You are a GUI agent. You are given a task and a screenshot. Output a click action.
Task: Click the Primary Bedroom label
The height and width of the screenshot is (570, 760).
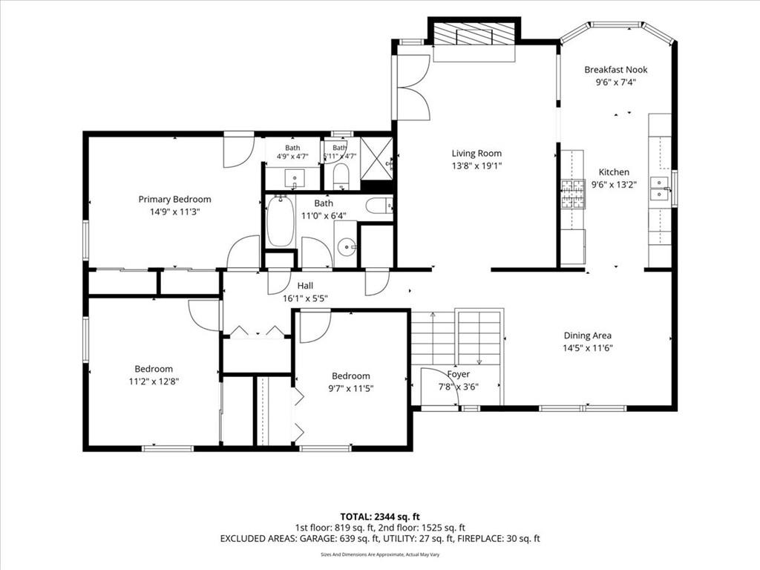pyautogui.click(x=174, y=199)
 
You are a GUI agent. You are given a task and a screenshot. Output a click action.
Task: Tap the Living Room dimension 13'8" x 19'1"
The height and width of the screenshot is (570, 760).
pyautogui.click(x=476, y=166)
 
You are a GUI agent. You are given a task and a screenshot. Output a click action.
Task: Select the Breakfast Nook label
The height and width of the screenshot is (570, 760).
pyautogui.click(x=615, y=70)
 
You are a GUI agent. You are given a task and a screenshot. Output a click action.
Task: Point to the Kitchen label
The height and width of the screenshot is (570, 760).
pyautogui.click(x=614, y=172)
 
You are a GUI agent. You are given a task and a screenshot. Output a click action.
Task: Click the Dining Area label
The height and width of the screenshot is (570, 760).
pyautogui.click(x=588, y=335)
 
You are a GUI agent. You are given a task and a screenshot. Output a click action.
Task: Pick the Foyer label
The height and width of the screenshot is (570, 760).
pyautogui.click(x=459, y=374)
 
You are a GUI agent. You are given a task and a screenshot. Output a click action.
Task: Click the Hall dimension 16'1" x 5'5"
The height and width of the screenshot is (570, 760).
pyautogui.click(x=305, y=298)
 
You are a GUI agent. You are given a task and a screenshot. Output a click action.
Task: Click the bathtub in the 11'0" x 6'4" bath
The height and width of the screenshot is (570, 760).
pyautogui.click(x=281, y=221)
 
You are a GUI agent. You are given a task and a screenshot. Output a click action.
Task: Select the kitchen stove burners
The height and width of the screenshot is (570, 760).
pyautogui.click(x=574, y=194)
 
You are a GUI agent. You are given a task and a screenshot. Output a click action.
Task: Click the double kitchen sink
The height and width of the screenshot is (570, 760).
pyautogui.click(x=659, y=189)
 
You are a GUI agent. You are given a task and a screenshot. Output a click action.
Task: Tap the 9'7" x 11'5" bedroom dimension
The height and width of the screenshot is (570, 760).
pyautogui.click(x=351, y=388)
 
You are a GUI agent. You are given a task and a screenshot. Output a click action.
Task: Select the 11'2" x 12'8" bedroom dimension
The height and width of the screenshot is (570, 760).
pyautogui.click(x=154, y=381)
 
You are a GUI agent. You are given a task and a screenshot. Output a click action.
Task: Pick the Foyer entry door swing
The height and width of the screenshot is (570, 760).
pyautogui.click(x=439, y=386)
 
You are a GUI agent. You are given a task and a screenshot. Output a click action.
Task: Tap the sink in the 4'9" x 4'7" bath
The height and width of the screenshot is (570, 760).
pyautogui.click(x=294, y=178)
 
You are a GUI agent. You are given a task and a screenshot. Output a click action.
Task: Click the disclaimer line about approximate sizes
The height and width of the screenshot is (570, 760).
pyautogui.click(x=380, y=554)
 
